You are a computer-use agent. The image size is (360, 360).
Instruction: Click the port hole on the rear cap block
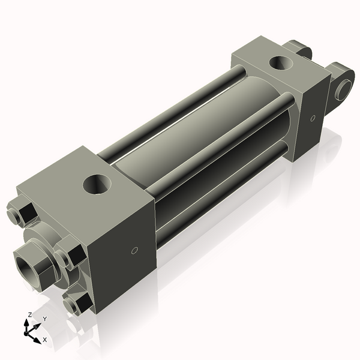pos(280,62)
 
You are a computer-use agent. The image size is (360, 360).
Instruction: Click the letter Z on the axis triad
pos(29,314)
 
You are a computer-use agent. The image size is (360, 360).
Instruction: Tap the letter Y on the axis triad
pos(44,319)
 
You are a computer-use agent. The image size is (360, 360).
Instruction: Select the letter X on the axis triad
pos(45,340)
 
